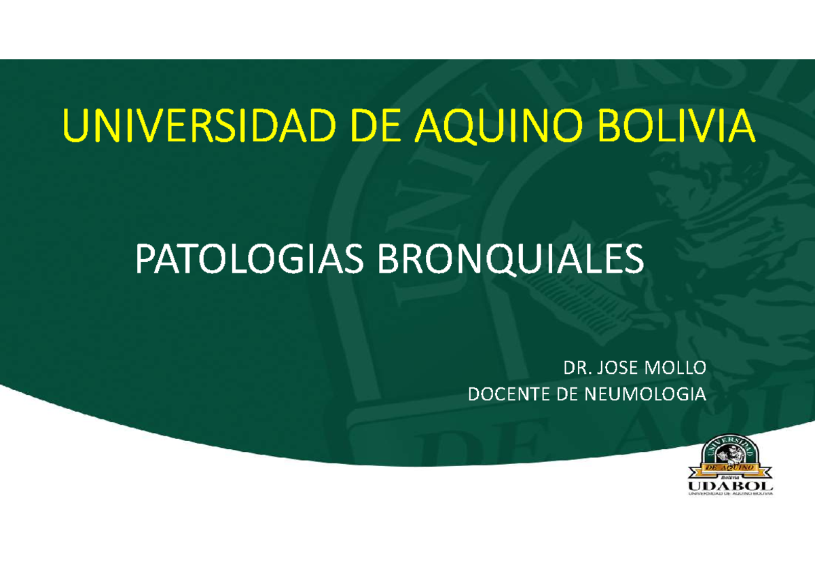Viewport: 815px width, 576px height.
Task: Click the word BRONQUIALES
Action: point(509,261)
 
